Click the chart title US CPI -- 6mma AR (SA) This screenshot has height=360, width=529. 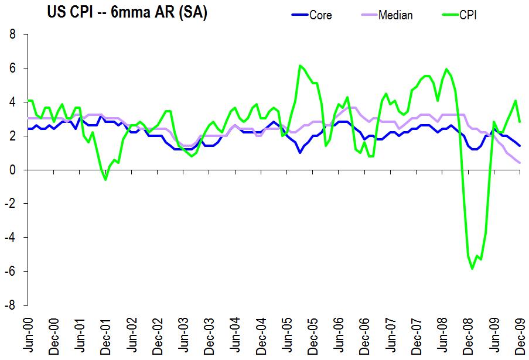pyautogui.click(x=127, y=12)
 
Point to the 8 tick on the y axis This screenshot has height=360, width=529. pyautogui.click(x=12, y=35)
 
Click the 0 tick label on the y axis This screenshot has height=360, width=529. pyautogui.click(x=12, y=170)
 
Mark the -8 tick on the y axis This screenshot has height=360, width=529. pyautogui.click(x=10, y=305)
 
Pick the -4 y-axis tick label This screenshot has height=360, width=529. pyautogui.click(x=10, y=238)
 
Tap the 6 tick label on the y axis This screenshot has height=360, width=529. pyautogui.click(x=12, y=68)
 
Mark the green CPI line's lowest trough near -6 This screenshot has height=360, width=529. pyautogui.click(x=472, y=269)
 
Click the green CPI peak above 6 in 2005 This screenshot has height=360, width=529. pyautogui.click(x=300, y=66)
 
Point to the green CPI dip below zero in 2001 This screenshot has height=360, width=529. pyautogui.click(x=105, y=180)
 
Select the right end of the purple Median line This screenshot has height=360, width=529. pyautogui.click(x=520, y=163)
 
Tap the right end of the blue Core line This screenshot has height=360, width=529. pyautogui.click(x=520, y=146)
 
